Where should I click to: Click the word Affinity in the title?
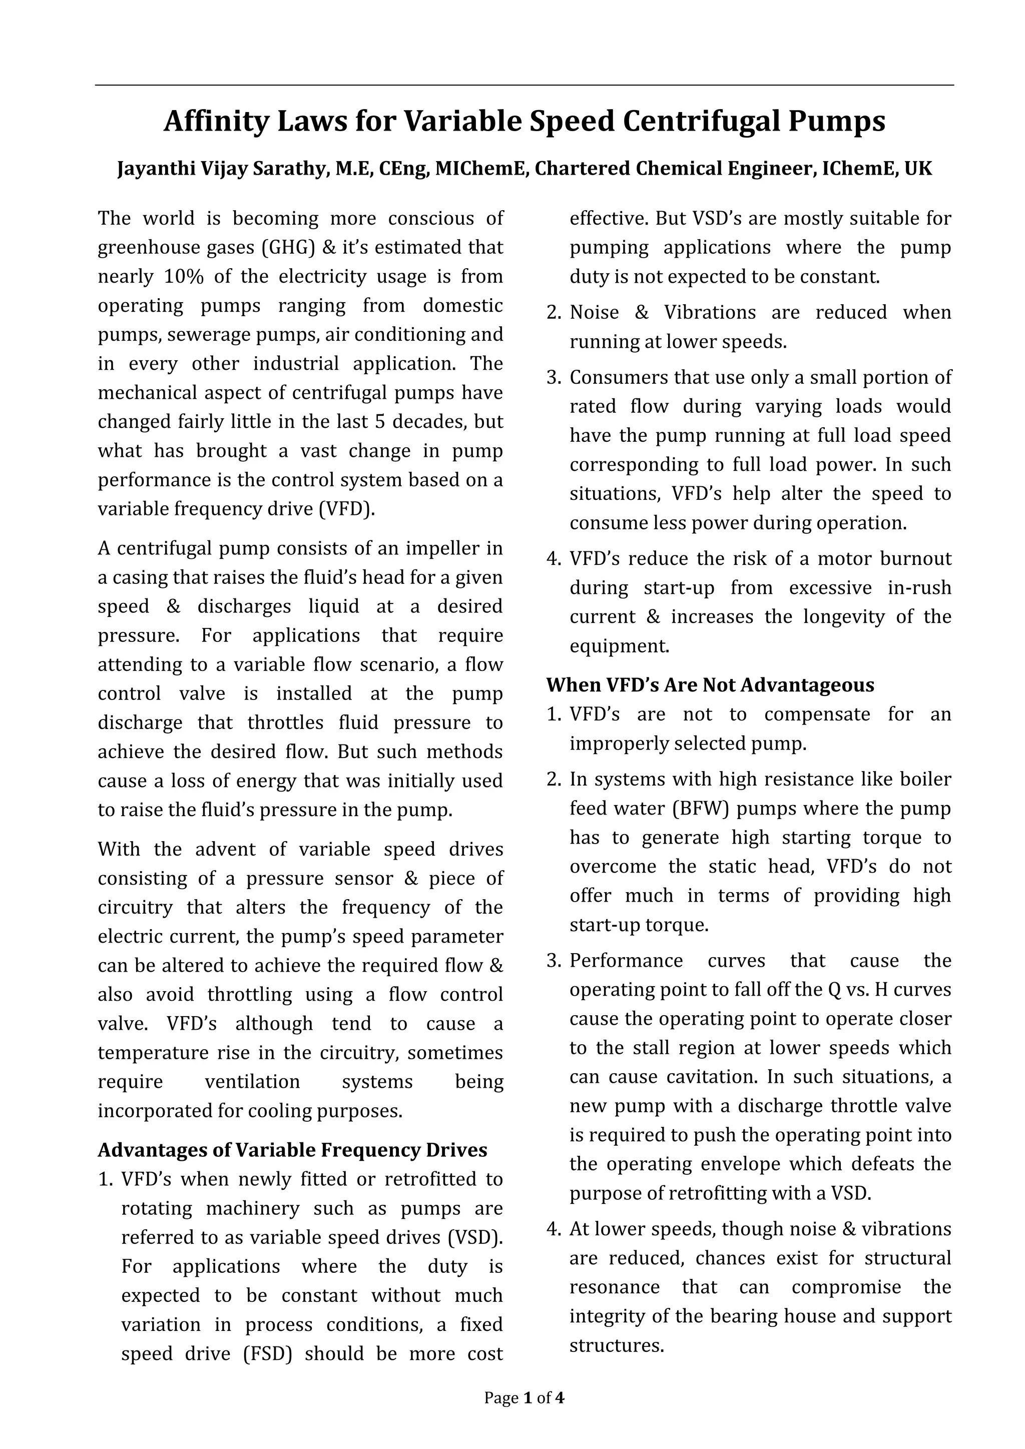tap(216, 121)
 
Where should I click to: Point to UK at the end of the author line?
tap(918, 169)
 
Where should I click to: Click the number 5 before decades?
tap(379, 422)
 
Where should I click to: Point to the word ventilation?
tap(252, 1082)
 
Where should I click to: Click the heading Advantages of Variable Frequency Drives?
tap(292, 1150)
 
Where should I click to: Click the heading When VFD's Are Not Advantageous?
tap(710, 685)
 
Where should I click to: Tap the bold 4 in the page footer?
tap(559, 1415)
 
